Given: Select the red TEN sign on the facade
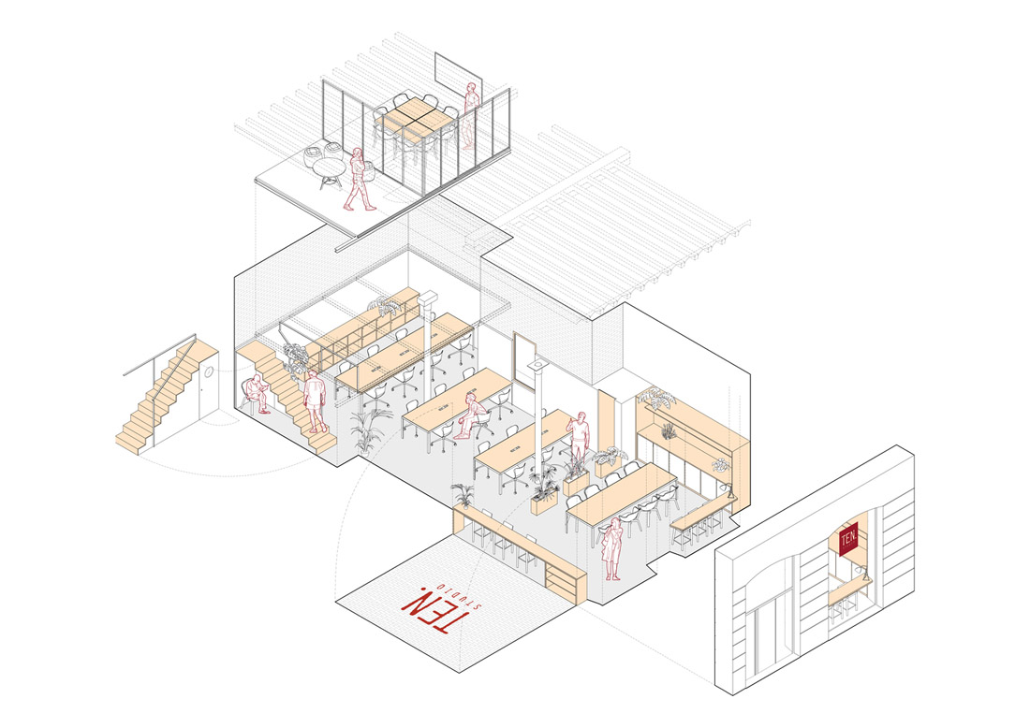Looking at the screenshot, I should click(849, 540).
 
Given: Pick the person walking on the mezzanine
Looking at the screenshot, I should click(359, 182).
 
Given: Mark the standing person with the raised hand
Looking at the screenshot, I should click(580, 437).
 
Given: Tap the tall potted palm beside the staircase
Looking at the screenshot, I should click(369, 426).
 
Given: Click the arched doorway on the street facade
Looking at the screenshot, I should click(759, 618).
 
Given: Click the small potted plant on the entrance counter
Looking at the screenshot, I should click(463, 494).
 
